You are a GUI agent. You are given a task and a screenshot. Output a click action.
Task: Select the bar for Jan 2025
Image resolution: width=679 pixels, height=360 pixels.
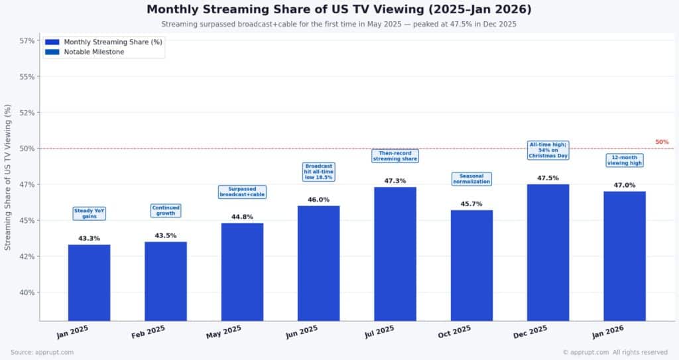89,282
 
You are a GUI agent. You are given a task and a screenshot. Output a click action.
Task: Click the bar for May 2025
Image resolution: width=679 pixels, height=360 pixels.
242,272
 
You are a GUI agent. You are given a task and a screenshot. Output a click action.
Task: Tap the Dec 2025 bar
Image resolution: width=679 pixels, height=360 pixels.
548,253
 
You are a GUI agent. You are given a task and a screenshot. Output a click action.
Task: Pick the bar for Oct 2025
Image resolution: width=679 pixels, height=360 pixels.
471,265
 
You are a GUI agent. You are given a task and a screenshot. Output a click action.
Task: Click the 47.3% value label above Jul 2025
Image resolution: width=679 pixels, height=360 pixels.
395,180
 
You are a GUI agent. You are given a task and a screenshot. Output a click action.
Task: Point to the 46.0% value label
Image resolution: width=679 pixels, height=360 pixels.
318,200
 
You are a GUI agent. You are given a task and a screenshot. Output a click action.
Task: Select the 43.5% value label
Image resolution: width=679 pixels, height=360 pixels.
166,235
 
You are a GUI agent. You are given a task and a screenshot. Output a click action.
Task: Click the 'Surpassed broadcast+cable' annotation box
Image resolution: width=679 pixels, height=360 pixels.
242,192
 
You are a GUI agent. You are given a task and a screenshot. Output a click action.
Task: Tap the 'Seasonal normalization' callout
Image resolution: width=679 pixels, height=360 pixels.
471,178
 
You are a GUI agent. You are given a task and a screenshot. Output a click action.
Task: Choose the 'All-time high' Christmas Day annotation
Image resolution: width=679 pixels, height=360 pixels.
548,150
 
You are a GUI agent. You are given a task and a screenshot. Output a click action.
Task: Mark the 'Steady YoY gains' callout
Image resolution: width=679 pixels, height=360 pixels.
89,213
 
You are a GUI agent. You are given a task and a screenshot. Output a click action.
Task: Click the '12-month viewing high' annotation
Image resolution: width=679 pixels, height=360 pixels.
624,160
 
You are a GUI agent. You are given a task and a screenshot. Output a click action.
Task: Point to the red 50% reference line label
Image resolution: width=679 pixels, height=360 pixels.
662,142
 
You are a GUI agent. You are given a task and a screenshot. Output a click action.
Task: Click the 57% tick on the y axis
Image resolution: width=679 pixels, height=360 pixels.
27,40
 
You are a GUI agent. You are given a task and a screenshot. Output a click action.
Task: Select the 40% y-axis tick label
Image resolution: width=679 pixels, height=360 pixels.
27,292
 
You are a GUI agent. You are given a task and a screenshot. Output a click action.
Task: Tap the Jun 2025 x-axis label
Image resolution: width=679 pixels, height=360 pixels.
302,332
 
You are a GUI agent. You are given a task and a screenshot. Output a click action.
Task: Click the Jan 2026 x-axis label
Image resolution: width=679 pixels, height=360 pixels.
607,332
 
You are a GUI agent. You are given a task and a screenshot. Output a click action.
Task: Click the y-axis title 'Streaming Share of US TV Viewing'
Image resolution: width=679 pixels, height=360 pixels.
8,177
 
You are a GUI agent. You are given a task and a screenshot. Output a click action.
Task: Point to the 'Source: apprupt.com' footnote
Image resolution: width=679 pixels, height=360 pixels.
42,352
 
